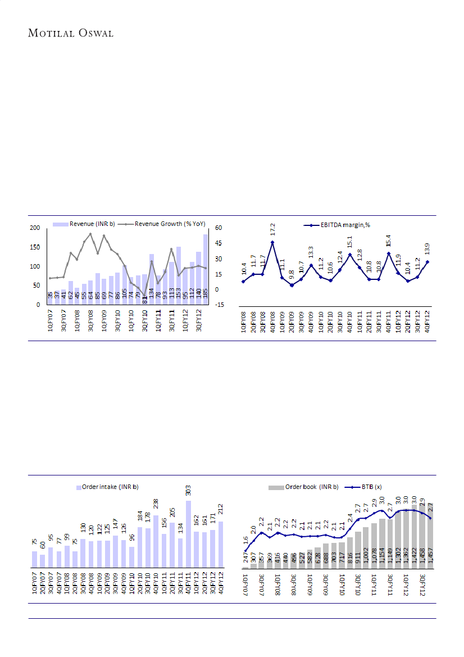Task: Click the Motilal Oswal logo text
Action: (71, 33)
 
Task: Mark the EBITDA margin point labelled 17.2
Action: (272, 242)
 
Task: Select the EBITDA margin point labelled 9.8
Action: (292, 286)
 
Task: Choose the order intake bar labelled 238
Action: (156, 542)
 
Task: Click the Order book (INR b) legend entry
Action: (311, 487)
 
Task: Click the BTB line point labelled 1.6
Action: (245, 550)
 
